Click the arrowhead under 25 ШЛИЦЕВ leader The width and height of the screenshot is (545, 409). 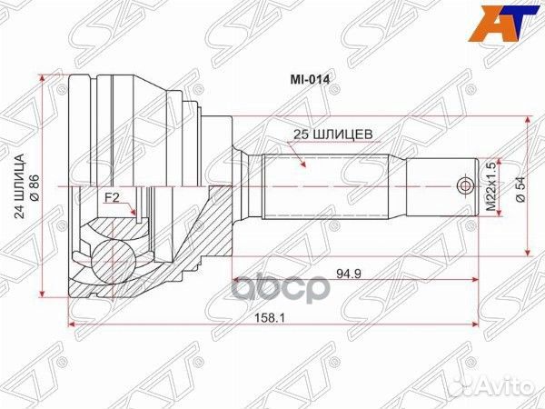point(302,167)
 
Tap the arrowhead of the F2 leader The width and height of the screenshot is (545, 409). point(135,216)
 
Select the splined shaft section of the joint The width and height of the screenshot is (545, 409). point(327,186)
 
